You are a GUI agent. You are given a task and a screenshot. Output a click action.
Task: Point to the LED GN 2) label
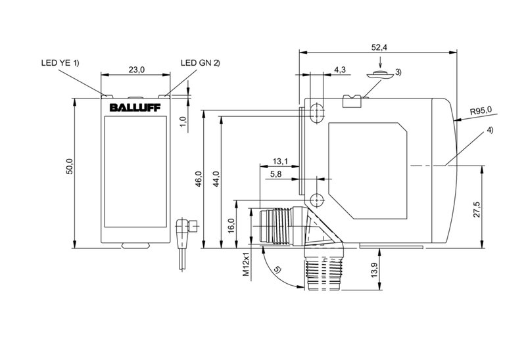point(200,63)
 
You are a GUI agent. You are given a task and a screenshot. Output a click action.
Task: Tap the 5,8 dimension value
point(276,174)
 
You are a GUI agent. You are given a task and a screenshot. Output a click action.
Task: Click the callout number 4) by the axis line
point(490,131)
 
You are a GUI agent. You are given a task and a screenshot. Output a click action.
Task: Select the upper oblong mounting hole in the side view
point(317,111)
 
